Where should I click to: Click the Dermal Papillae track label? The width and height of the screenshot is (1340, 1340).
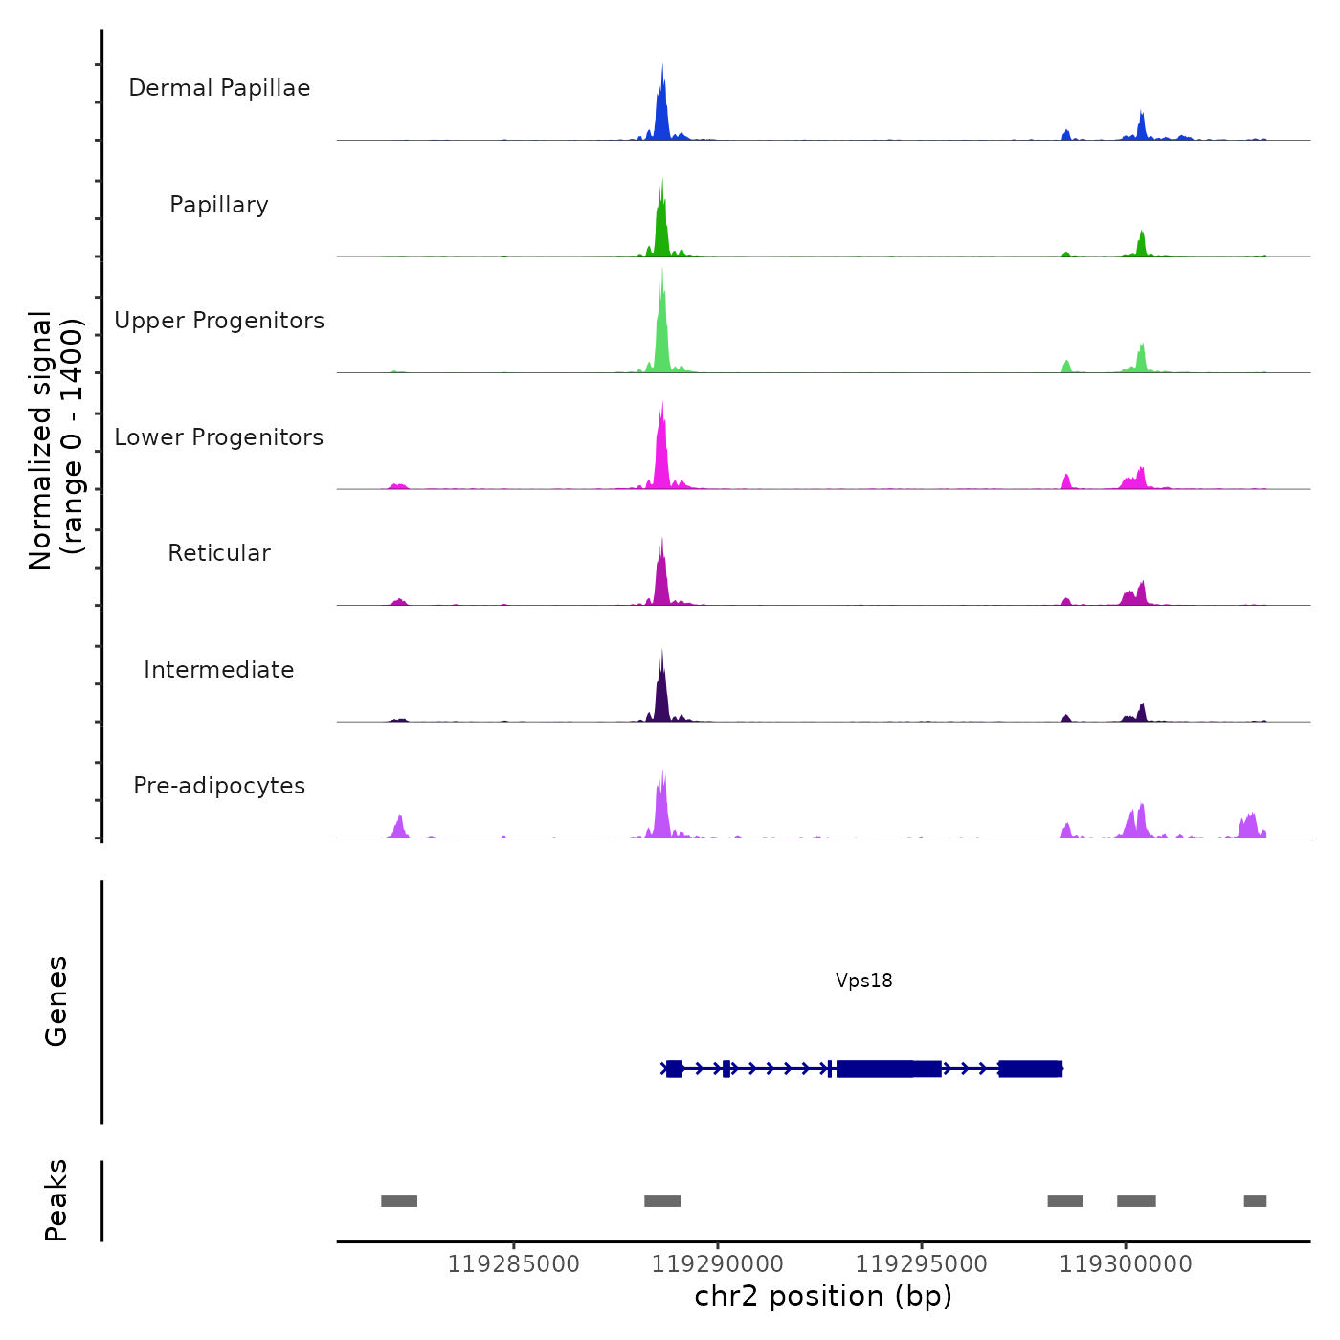click(x=219, y=88)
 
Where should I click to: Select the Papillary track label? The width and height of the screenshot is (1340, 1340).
click(x=219, y=205)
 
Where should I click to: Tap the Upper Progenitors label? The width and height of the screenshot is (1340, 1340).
click(x=219, y=321)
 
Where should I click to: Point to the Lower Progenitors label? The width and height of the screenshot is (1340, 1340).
click(x=219, y=437)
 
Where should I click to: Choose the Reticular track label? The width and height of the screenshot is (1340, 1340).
click(x=219, y=553)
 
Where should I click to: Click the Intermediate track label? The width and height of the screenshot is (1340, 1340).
click(x=219, y=670)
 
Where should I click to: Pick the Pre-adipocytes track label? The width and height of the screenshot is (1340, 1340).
click(x=219, y=786)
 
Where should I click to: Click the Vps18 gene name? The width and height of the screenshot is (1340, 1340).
click(x=863, y=980)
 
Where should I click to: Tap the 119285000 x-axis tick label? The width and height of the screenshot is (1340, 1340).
click(x=514, y=1264)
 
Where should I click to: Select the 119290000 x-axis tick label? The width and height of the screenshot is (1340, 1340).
click(x=718, y=1264)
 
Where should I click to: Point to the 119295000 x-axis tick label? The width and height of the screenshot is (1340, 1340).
click(x=922, y=1264)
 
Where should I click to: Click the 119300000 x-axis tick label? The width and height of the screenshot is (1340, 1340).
click(x=1126, y=1264)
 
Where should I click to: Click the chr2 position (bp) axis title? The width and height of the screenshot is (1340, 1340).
click(x=823, y=1296)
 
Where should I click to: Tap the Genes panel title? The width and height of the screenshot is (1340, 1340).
click(x=56, y=1001)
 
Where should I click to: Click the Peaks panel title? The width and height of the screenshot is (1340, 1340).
click(x=56, y=1200)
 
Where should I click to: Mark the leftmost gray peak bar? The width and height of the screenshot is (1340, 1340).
click(x=399, y=1201)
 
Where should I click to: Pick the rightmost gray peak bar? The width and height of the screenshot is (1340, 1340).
click(x=1255, y=1201)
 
